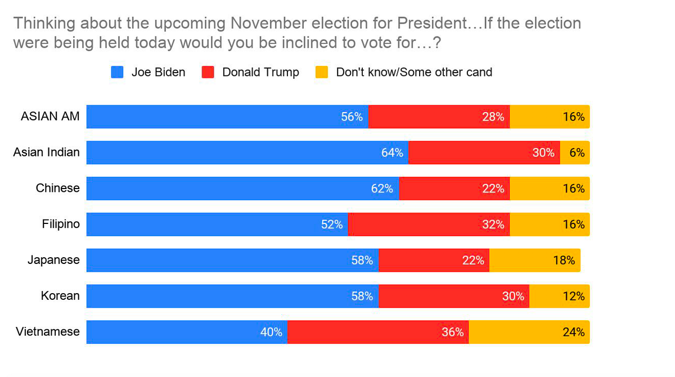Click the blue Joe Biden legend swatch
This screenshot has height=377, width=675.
pyautogui.click(x=117, y=73)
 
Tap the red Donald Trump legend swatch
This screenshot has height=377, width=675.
pyautogui.click(x=208, y=73)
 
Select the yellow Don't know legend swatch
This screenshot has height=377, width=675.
pyautogui.click(x=322, y=73)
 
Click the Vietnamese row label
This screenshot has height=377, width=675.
pyautogui.click(x=48, y=331)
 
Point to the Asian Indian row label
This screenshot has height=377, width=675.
pyautogui.click(x=46, y=152)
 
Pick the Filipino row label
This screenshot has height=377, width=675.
pyautogui.click(x=61, y=224)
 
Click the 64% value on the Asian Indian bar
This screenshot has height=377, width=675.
pyautogui.click(x=392, y=153)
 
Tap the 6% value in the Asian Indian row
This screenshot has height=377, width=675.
pyautogui.click(x=577, y=153)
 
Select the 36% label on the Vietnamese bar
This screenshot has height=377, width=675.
pyautogui.click(x=453, y=332)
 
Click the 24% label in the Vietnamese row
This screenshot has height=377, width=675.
pyautogui.click(x=574, y=332)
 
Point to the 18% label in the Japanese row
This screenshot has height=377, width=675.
pyautogui.click(x=564, y=261)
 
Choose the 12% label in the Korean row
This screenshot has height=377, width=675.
pyautogui.click(x=574, y=296)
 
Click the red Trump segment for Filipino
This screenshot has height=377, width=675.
pyautogui.click(x=429, y=225)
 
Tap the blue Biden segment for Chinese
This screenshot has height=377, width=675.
pyautogui.click(x=243, y=188)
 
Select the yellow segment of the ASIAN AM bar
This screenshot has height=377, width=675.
pyautogui.click(x=550, y=117)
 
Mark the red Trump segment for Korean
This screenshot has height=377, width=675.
pyautogui.click(x=454, y=296)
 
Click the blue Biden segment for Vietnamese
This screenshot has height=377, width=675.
pyautogui.click(x=187, y=332)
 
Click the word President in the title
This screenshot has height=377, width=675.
pyautogui.click(x=432, y=23)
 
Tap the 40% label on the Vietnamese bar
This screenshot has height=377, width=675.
pyautogui.click(x=271, y=332)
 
